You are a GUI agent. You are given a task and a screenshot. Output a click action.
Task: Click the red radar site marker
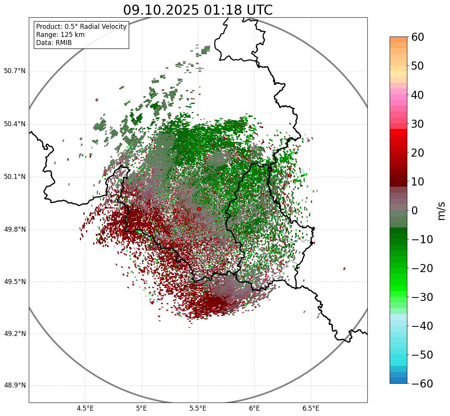point(199,209)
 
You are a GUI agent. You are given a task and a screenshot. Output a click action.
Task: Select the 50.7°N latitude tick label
point(15,71)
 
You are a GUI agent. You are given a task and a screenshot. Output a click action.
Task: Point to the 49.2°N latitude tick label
point(15,334)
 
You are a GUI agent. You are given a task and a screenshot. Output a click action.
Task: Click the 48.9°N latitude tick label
point(15,386)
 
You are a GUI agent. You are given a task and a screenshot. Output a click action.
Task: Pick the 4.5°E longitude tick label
point(85,408)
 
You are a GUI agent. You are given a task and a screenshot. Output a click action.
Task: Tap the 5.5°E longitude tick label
point(198,408)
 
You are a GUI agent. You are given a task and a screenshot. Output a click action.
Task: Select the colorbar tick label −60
point(418,384)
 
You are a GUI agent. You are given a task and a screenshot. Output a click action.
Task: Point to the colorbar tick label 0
point(415,211)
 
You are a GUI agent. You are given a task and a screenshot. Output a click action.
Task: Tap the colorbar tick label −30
point(418,297)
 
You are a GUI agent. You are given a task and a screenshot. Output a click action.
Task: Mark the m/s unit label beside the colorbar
point(442,211)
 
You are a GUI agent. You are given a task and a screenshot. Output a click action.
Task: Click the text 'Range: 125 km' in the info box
point(60,35)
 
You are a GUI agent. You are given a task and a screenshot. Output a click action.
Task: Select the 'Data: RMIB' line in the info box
point(54,43)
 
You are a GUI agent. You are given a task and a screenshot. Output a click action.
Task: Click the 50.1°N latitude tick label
point(15,177)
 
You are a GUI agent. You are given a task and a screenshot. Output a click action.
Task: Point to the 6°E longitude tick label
point(254,408)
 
